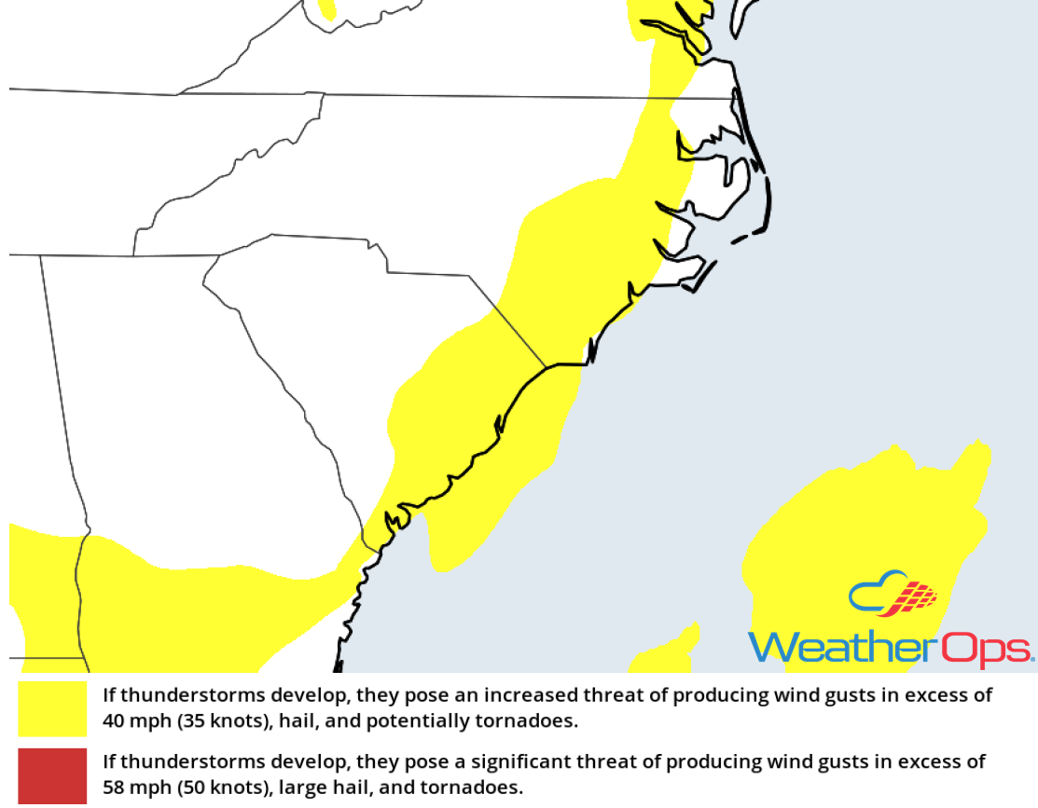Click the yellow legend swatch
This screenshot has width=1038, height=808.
pos(52,708)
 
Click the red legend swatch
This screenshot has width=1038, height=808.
pos(52,775)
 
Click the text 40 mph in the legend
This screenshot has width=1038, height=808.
pos(133,721)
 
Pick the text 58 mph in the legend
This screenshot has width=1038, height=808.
pos(133,787)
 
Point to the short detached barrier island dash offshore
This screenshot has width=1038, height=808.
pos(740,240)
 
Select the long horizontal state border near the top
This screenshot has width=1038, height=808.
pos(373,94)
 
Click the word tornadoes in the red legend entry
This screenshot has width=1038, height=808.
pos(478,787)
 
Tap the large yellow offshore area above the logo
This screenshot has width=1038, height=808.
pos(858,522)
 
